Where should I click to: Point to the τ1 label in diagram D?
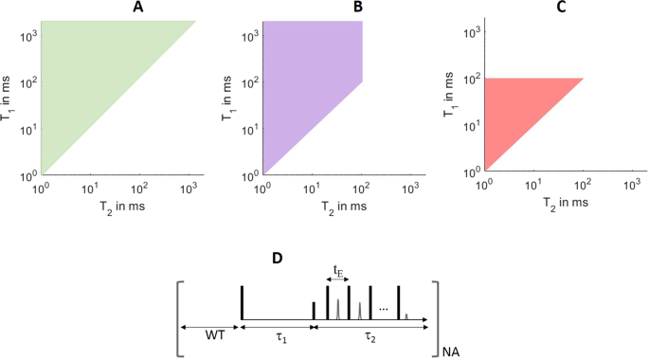[279, 336]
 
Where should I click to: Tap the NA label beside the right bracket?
[452, 351]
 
